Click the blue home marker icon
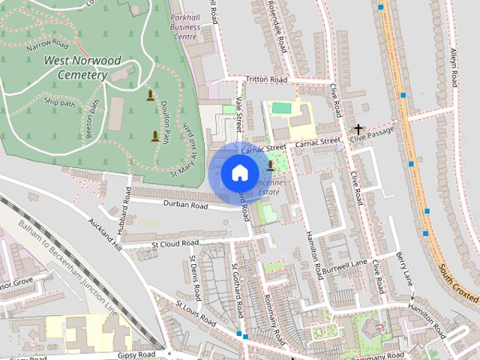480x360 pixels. tap(239, 173)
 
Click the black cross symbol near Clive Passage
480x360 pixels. tap(358, 129)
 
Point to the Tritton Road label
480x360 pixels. tap(268, 79)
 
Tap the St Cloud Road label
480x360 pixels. tap(175, 244)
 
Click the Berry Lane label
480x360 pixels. tap(405, 270)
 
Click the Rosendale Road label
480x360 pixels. tap(283, 35)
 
